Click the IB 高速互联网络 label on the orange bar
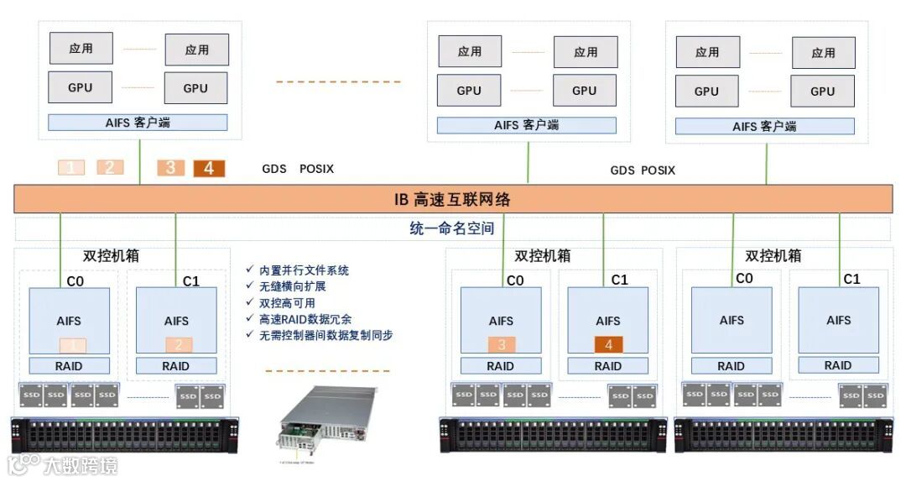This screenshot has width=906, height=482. [452, 200]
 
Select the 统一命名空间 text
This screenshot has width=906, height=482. [452, 228]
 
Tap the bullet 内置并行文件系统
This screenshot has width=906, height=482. [303, 270]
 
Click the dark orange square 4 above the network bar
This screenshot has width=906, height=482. [209, 168]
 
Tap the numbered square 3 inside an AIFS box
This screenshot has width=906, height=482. [502, 344]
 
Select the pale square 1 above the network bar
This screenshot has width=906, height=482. [70, 167]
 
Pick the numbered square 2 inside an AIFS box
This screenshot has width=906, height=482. [179, 344]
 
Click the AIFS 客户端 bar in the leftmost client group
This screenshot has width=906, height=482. [138, 123]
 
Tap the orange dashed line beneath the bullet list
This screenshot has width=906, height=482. [327, 370]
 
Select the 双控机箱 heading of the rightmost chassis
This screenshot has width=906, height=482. [773, 255]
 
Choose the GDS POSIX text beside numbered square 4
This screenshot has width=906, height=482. [298, 169]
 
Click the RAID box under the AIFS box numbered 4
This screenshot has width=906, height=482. [608, 366]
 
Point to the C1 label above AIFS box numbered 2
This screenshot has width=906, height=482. [191, 280]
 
